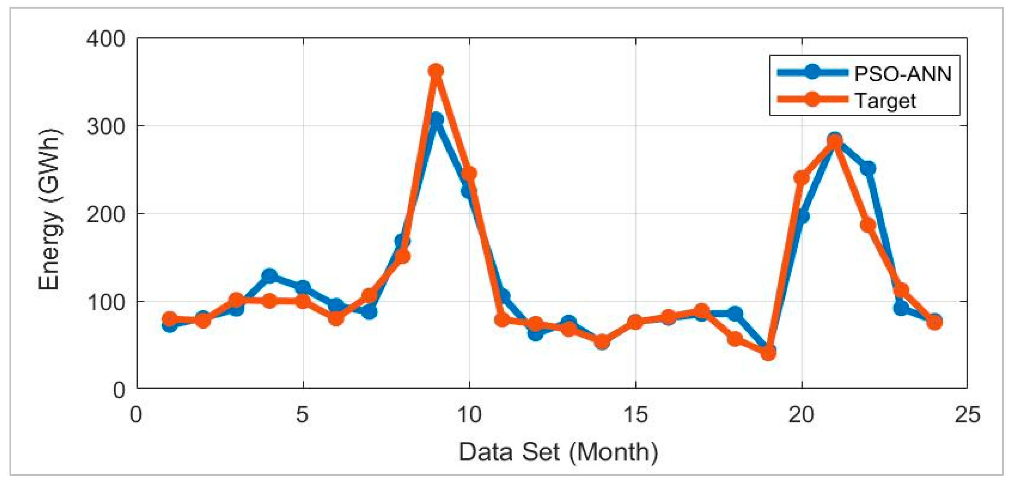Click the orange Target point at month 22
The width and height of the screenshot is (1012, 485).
coord(868,225)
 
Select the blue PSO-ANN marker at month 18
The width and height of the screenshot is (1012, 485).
coord(735,313)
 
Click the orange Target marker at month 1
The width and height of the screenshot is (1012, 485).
coord(170,319)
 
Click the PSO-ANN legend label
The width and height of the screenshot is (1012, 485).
coord(902,74)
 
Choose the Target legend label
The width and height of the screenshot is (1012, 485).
coord(885,101)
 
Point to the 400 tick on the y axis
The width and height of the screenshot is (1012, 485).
coord(106,39)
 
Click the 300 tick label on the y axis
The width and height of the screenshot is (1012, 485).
coord(106,127)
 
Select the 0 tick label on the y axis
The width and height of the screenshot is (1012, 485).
coord(119,390)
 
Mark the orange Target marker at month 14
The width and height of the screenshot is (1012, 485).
coord(602,342)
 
